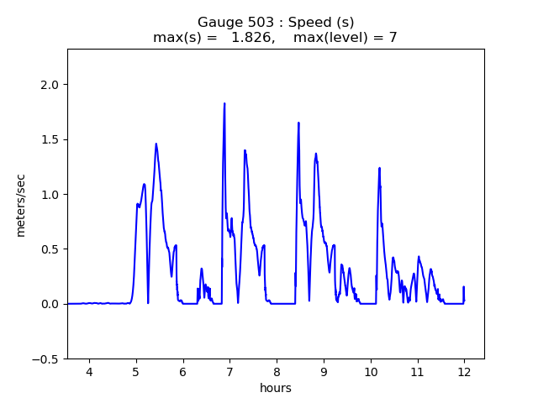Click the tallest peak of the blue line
click(x=224, y=103)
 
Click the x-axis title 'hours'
click(x=276, y=388)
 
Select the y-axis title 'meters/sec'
click(x=21, y=205)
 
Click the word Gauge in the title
click(x=218, y=22)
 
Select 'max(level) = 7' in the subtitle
click(x=345, y=38)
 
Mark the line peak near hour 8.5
click(x=298, y=123)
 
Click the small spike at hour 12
click(x=463, y=287)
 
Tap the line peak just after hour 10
click(x=379, y=168)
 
